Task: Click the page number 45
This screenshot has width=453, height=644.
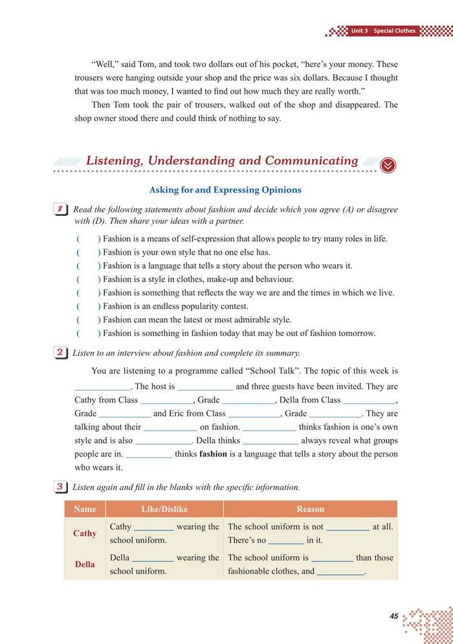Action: pos(394,616)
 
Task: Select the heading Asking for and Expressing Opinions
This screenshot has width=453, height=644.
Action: pos(225,190)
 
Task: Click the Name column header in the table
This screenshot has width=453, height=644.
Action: pos(85,509)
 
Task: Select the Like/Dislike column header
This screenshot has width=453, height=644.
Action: pos(164,509)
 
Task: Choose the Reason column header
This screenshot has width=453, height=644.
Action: pos(310,509)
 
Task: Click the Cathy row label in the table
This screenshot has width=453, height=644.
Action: pos(85,533)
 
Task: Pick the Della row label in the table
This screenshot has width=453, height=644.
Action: pos(85,564)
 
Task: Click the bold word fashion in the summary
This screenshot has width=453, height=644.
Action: pos(213,454)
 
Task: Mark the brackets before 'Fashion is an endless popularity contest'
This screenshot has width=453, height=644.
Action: pos(89,306)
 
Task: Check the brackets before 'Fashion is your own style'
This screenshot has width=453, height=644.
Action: pos(89,252)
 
